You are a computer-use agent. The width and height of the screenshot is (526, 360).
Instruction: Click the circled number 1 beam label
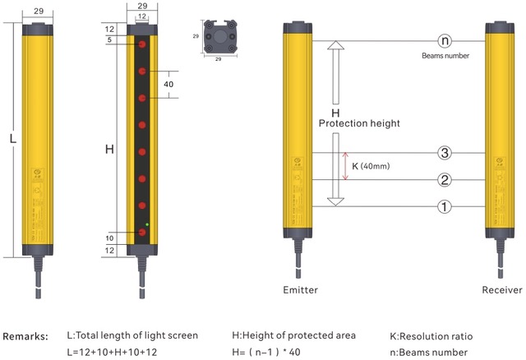[445, 206]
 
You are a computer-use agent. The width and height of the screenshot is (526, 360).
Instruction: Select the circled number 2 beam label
[445, 180]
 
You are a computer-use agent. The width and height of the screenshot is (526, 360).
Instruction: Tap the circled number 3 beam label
[445, 153]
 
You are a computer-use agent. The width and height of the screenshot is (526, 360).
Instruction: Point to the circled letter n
[445, 41]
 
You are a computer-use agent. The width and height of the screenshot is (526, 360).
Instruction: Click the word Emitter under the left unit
[300, 290]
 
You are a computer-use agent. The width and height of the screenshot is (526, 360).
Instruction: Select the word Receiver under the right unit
[501, 290]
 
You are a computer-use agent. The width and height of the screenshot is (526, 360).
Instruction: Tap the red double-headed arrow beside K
[346, 166]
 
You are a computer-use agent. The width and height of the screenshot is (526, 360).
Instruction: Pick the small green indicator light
[148, 224]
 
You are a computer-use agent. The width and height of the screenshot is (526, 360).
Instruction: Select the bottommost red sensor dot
[142, 234]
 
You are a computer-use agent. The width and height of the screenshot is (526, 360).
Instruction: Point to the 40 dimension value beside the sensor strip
[168, 84]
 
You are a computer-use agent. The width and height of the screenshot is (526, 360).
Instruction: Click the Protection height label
[359, 123]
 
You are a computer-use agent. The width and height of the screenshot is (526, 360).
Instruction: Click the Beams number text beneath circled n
[445, 56]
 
